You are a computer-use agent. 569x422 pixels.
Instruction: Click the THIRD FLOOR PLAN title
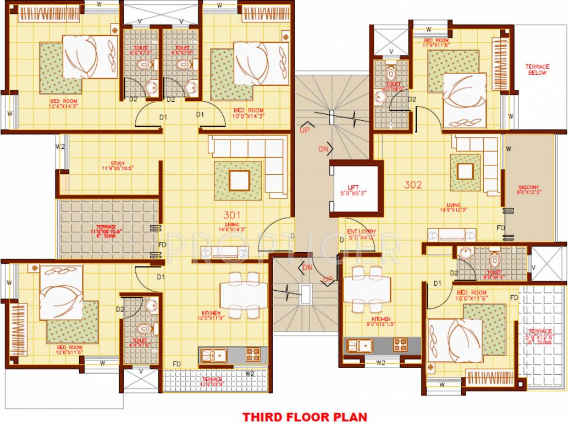tap(305, 417)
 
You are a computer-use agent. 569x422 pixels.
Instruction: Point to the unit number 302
tap(413, 185)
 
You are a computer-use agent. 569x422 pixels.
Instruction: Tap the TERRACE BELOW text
tap(537, 69)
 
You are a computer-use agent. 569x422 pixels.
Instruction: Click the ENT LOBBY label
tap(361, 234)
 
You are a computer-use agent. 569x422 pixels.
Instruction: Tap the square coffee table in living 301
tap(238, 180)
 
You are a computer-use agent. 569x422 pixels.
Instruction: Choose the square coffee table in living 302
tap(465, 171)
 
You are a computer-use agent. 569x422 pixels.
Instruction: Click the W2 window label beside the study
tap(60, 147)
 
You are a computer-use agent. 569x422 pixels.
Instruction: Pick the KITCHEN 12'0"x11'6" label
tap(212, 317)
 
